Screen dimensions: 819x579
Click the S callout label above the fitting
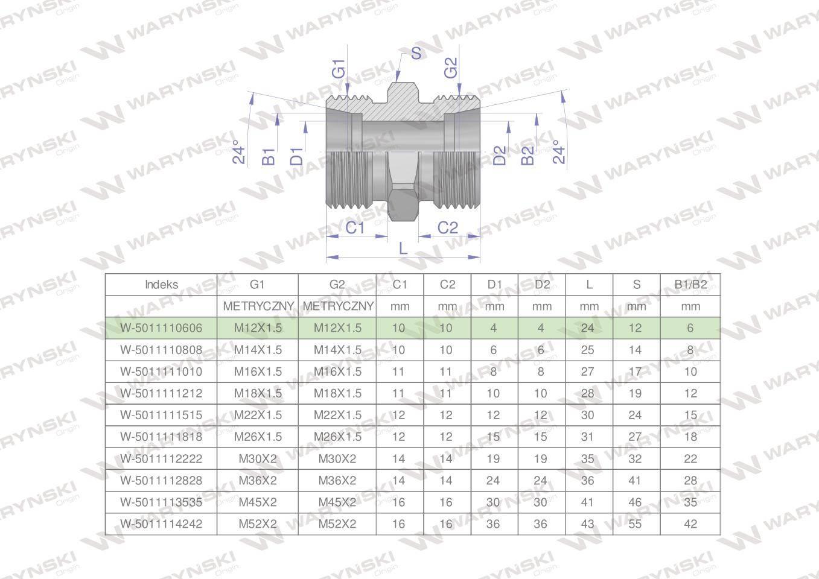(x=416, y=53)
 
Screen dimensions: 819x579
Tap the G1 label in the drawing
(x=339, y=69)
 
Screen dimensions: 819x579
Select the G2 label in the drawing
(x=451, y=68)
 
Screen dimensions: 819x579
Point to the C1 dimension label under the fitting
(x=355, y=228)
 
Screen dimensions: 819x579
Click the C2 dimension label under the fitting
(x=448, y=228)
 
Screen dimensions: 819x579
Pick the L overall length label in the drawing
(x=403, y=248)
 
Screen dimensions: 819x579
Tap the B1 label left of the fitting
(x=269, y=157)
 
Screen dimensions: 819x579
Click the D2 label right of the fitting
(x=500, y=156)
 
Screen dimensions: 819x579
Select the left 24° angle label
(x=239, y=152)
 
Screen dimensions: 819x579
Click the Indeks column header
(x=161, y=285)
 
